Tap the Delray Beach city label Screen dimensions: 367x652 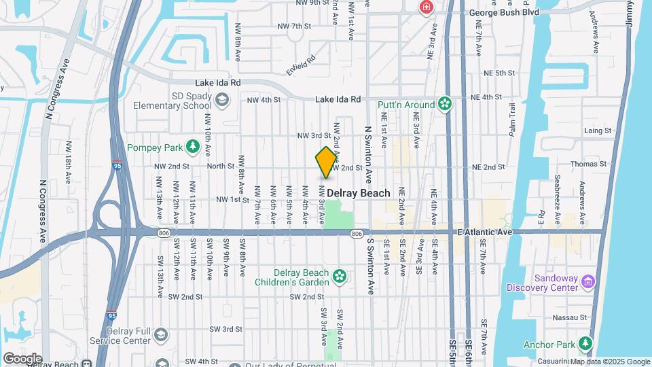359,193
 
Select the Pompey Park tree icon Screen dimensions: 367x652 193,146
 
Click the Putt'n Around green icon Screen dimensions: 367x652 445,104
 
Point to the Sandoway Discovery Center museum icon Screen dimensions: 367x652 588,281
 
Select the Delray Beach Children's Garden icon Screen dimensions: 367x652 340,276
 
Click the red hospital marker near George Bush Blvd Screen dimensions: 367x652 427,7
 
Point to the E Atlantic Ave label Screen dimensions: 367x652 484,232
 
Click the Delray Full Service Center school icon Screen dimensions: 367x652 161,334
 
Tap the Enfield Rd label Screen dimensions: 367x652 301,65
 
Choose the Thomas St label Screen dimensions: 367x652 588,164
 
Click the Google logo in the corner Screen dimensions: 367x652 22,358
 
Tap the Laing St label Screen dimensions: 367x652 598,130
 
